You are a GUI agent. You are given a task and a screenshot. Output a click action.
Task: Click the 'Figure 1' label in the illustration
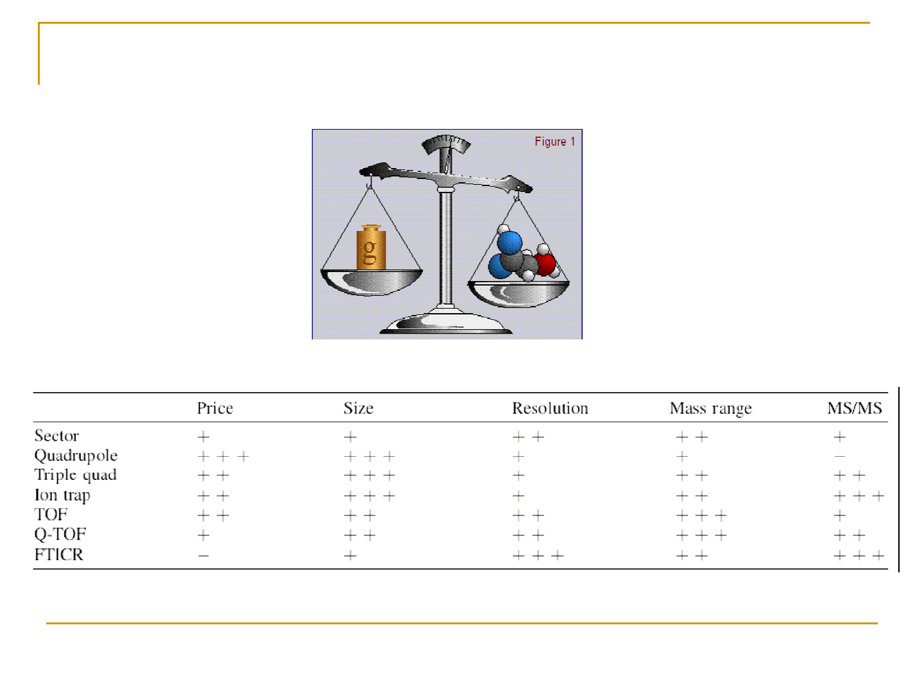(554, 141)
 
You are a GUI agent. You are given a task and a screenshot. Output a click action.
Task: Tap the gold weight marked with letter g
(370, 248)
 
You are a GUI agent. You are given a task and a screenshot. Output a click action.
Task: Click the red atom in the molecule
(545, 264)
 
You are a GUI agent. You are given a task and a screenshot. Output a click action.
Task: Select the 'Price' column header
(215, 408)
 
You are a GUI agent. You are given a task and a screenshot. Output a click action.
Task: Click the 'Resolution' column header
(550, 408)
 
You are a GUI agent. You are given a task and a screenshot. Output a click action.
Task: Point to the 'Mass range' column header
(710, 409)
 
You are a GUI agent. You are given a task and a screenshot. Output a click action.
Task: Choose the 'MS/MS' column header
(854, 408)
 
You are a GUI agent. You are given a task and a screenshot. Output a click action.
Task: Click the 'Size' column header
(358, 408)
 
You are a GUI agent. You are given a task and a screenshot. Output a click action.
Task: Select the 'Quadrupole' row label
(76, 456)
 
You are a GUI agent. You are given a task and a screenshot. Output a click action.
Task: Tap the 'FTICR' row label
(59, 554)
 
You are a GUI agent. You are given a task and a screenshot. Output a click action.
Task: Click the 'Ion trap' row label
(62, 495)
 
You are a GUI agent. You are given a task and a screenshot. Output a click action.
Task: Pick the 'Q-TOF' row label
(60, 535)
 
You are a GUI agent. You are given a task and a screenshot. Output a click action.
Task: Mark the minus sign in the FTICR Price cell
(203, 556)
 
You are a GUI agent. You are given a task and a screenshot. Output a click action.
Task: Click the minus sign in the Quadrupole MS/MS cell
(839, 456)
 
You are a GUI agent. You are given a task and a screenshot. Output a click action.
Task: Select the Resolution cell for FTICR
(538, 556)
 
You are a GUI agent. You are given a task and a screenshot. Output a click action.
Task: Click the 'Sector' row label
(56, 436)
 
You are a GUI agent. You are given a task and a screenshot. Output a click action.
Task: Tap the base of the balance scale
(446, 323)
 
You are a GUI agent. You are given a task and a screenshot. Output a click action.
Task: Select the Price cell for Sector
(203, 437)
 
